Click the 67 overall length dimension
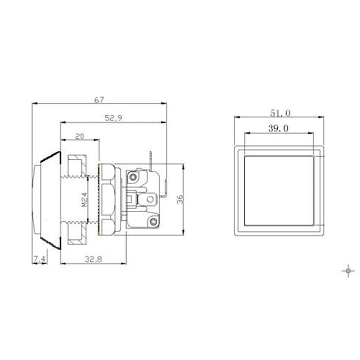click(99, 100)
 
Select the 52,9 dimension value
click(113, 118)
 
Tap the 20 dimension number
click(80, 137)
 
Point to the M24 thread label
click(84, 199)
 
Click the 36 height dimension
click(180, 199)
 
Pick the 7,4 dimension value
click(40, 259)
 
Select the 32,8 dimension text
click(93, 259)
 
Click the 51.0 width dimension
click(280, 113)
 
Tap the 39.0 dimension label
click(278, 128)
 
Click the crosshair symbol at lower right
click(348, 271)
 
